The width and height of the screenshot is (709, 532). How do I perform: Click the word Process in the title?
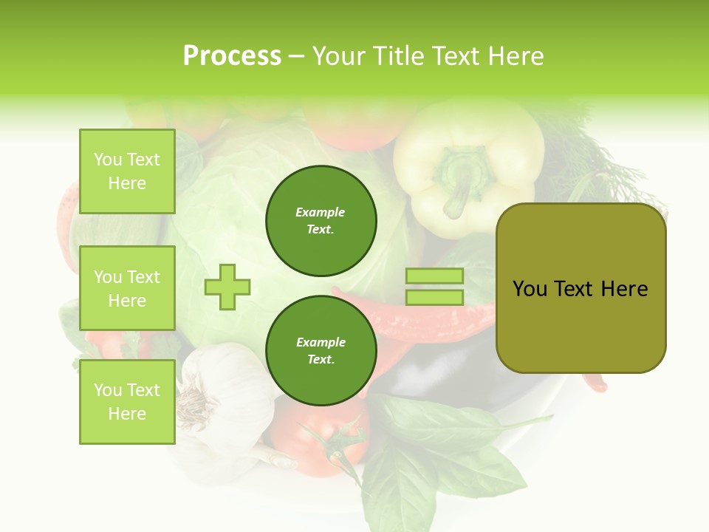coord(232,56)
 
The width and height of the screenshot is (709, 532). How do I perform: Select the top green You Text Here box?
coord(127,171)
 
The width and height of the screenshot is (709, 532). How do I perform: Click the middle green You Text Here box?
coord(127,288)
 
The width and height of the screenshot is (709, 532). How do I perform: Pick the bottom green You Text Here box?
coord(127,401)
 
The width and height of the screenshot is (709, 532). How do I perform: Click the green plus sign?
coord(227,287)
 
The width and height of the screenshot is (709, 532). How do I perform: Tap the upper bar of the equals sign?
coord(434,276)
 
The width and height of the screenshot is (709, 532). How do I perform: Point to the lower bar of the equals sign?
coord(434,297)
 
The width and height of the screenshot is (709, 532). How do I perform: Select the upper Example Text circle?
coord(321,220)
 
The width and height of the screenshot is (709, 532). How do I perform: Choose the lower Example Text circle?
coord(321,350)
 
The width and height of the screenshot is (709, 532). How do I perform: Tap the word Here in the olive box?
coord(624,289)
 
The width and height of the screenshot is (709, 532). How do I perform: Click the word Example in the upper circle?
coord(321,212)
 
